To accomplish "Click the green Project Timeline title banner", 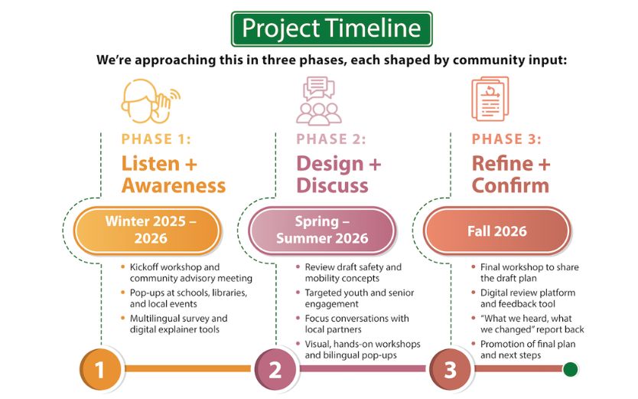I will (331, 29).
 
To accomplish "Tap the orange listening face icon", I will (149, 100).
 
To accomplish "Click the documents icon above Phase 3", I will (490, 100).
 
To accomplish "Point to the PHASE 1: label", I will (156, 139).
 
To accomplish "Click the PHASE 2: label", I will (330, 139).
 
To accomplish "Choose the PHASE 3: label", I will (506, 139).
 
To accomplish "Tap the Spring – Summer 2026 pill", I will (321, 230).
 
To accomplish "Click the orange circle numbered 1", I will (99, 370).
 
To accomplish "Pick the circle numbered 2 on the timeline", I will (275, 370).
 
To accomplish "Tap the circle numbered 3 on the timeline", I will (450, 370).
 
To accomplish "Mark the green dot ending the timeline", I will (570, 370).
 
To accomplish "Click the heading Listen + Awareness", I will (173, 175).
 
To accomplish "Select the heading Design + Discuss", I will (338, 175).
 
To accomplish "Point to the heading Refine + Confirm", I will (510, 175).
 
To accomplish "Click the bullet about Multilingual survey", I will (177, 324).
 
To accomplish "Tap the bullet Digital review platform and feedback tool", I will (527, 298).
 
